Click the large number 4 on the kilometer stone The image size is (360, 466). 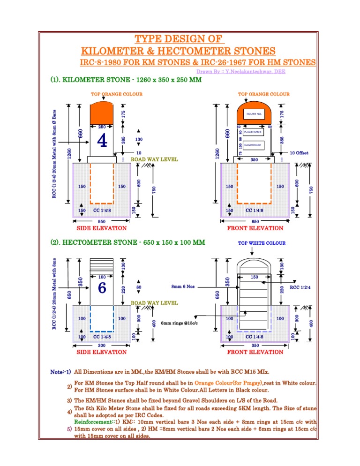point(102,140)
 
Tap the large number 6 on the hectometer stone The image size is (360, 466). point(102,288)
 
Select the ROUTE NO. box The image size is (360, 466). point(254,114)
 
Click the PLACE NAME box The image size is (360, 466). point(253,132)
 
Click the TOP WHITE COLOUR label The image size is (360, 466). point(262,243)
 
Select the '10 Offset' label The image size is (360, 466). point(299,153)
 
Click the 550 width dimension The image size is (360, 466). point(101,221)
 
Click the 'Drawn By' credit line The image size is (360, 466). point(241,72)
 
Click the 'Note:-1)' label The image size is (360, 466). point(60,372)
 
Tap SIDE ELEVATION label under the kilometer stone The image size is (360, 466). point(101,228)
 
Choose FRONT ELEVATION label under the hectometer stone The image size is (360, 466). point(255,352)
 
